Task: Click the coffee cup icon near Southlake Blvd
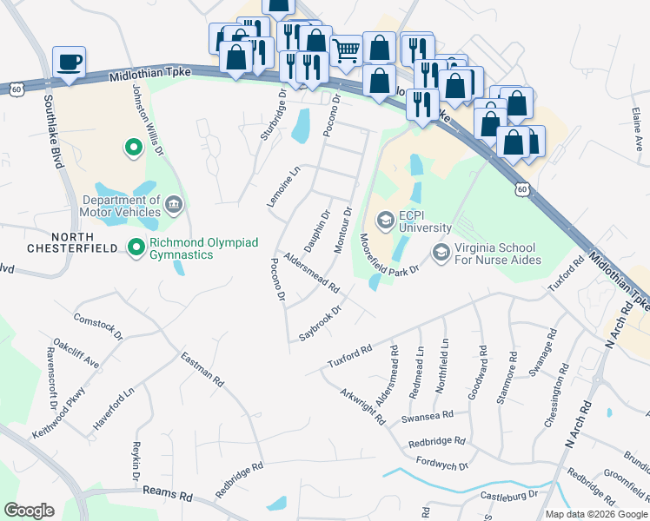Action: pyautogui.click(x=69, y=63)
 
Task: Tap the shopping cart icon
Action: pyautogui.click(x=346, y=51)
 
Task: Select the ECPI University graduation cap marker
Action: pyautogui.click(x=385, y=217)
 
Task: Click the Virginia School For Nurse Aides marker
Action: pyautogui.click(x=441, y=252)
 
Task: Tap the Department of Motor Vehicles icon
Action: pyautogui.click(x=173, y=204)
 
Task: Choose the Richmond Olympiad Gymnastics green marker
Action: pyautogui.click(x=136, y=248)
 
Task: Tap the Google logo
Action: pyautogui.click(x=29, y=510)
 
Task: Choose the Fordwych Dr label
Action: pyautogui.click(x=442, y=464)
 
